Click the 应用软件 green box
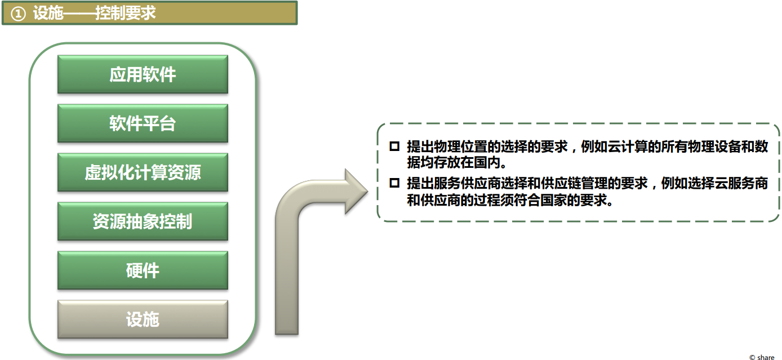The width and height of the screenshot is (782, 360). [x=143, y=74]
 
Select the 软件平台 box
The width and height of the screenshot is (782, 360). [x=143, y=123]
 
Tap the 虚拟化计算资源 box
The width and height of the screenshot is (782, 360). [x=143, y=172]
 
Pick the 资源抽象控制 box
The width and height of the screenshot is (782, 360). [x=143, y=221]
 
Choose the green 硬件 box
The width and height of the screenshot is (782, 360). [x=143, y=270]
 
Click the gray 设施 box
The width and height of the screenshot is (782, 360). [x=143, y=319]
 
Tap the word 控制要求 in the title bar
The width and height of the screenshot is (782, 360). [x=125, y=14]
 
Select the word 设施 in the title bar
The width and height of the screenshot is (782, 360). [x=48, y=14]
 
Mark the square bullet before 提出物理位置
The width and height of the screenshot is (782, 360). [x=394, y=146]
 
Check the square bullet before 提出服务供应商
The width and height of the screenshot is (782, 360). [x=394, y=183]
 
